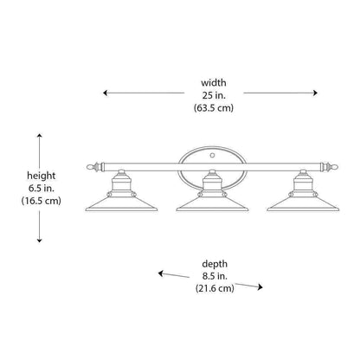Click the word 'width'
click(x=214, y=83)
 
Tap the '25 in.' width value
click(x=214, y=95)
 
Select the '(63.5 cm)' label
click(x=214, y=108)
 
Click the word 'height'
click(x=42, y=176)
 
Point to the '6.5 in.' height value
click(x=42, y=188)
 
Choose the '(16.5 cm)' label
click(x=42, y=201)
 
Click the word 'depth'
click(x=215, y=264)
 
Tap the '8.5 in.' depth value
click(x=215, y=276)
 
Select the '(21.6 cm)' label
click(x=215, y=288)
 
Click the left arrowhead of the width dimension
click(x=105, y=93)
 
